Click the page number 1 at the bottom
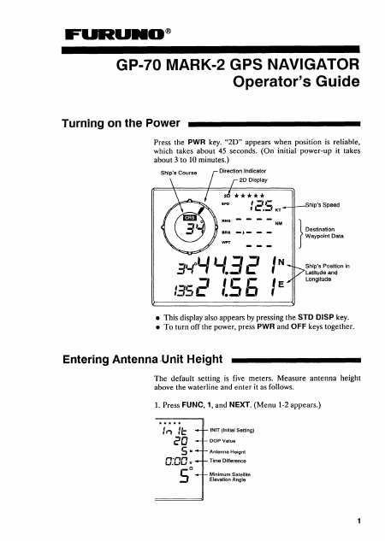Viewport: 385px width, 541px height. pos(359,520)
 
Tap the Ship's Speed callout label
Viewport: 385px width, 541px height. pos(323,205)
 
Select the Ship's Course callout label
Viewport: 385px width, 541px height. pos(179,173)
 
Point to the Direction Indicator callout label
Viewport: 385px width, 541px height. pos(243,171)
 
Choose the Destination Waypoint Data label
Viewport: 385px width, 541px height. pos(324,232)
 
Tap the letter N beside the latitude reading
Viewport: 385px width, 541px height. pos(281,262)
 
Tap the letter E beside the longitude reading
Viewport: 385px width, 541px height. pos(281,285)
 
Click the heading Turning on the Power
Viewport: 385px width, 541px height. pos(121,123)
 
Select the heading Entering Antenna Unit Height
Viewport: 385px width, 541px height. pos(143,360)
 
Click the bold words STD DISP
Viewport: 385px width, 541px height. pos(316,317)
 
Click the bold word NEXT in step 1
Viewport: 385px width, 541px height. pos(240,405)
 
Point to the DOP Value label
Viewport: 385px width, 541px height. pos(222,441)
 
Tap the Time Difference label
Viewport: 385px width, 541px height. pos(228,461)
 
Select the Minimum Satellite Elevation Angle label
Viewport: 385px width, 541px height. pos(229,477)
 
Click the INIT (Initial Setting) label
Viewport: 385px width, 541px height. pos(232,430)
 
